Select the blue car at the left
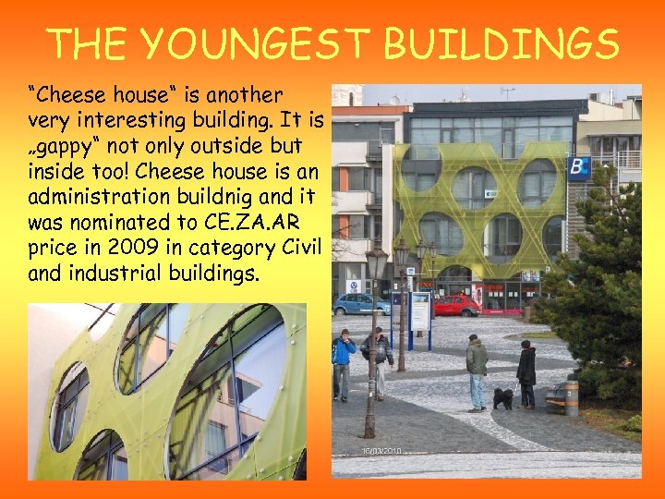tap(361, 304)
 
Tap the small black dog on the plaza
tap(502, 398)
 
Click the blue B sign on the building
tap(579, 169)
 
